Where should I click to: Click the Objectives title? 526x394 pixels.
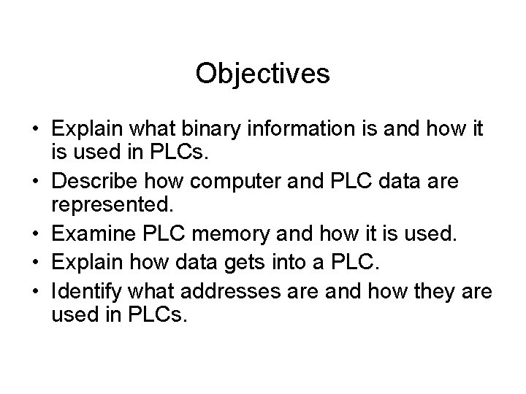point(263,74)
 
